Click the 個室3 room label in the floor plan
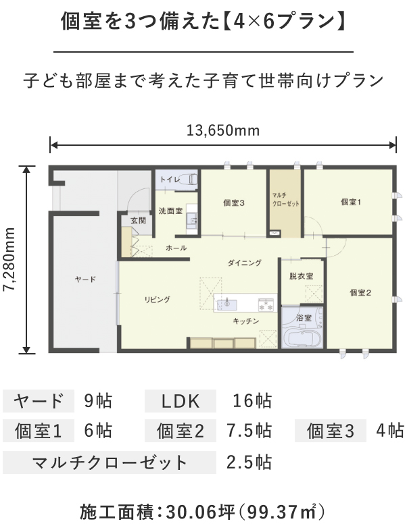(x=234, y=203)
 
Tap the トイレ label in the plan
(x=170, y=180)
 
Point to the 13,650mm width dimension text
(x=223, y=130)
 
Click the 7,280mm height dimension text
(x=9, y=259)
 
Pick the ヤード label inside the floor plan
(x=85, y=280)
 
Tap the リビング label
(x=158, y=300)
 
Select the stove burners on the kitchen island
(x=266, y=304)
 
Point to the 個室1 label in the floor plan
(x=351, y=203)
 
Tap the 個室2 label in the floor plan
(x=360, y=292)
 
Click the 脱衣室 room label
(x=302, y=276)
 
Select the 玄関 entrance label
(x=139, y=221)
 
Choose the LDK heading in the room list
(x=181, y=401)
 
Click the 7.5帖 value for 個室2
(x=249, y=431)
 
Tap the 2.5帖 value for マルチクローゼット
(x=249, y=462)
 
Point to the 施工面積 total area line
(x=202, y=512)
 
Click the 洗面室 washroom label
(x=170, y=211)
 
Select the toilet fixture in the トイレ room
(x=189, y=179)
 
